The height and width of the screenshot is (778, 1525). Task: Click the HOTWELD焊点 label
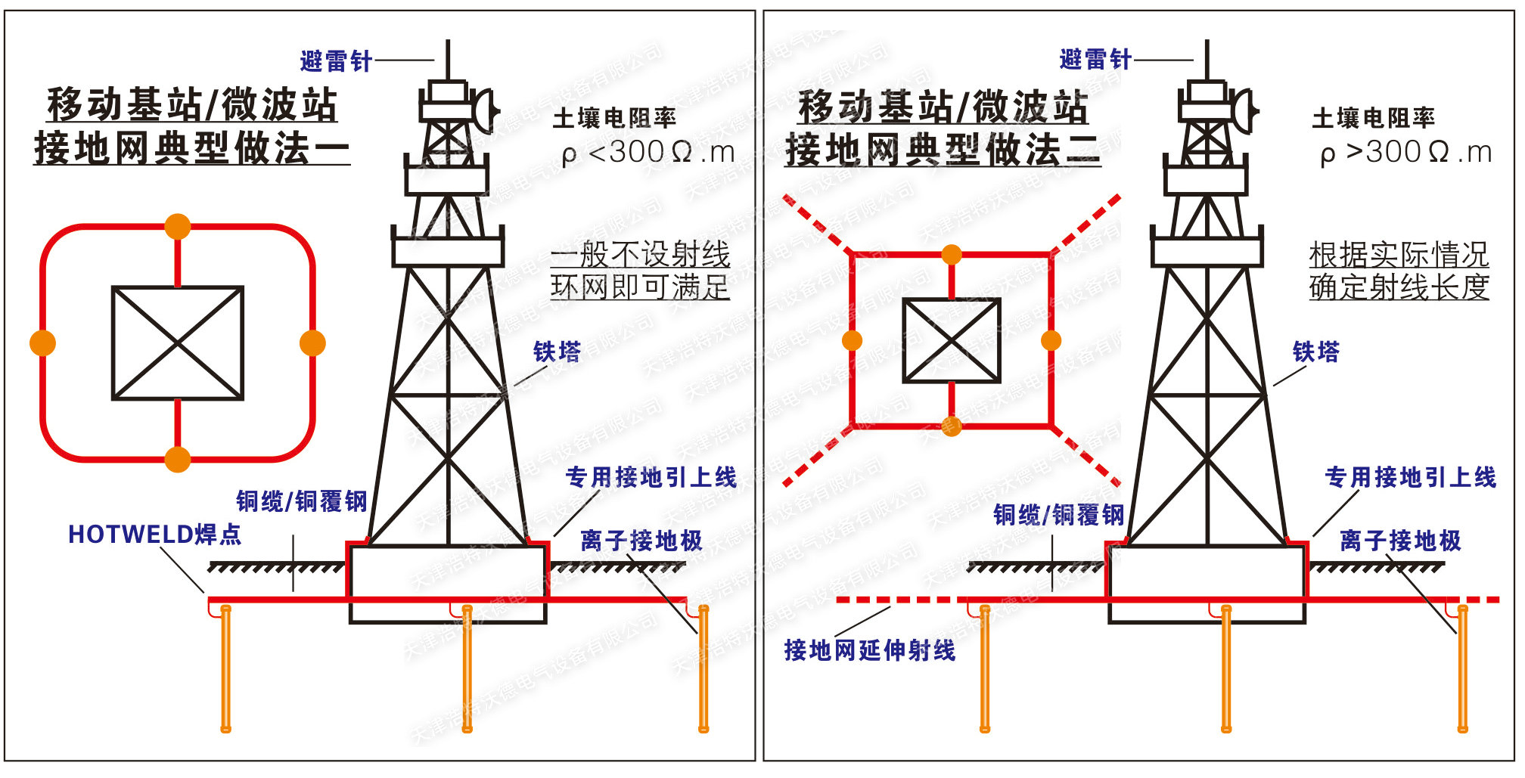(154, 535)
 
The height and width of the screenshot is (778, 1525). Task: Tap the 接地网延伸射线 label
(870, 650)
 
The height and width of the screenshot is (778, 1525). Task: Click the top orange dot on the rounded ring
(178, 226)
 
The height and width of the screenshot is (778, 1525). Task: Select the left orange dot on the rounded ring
(42, 343)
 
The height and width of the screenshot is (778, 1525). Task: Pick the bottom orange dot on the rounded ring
(178, 459)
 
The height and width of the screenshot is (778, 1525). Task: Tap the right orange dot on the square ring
(1051, 340)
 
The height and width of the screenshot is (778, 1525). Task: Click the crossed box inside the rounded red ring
(178, 343)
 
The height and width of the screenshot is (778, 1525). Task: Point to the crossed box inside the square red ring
(952, 340)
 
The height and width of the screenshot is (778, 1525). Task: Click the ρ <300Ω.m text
(648, 153)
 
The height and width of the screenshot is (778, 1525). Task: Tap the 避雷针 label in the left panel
(336, 60)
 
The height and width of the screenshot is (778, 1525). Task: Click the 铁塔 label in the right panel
(1315, 352)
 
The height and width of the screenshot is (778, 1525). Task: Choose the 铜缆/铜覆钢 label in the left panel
(301, 501)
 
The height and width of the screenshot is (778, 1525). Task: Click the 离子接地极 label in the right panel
(1400, 541)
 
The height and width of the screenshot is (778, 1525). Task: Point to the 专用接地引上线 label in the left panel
(651, 477)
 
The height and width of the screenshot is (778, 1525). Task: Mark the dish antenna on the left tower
(484, 110)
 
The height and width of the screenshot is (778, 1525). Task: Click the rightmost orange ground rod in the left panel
(703, 669)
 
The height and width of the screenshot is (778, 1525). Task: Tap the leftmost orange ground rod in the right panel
(984, 669)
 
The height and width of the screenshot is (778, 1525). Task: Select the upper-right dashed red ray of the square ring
(1086, 225)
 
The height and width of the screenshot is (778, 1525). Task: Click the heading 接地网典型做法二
(943, 149)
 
